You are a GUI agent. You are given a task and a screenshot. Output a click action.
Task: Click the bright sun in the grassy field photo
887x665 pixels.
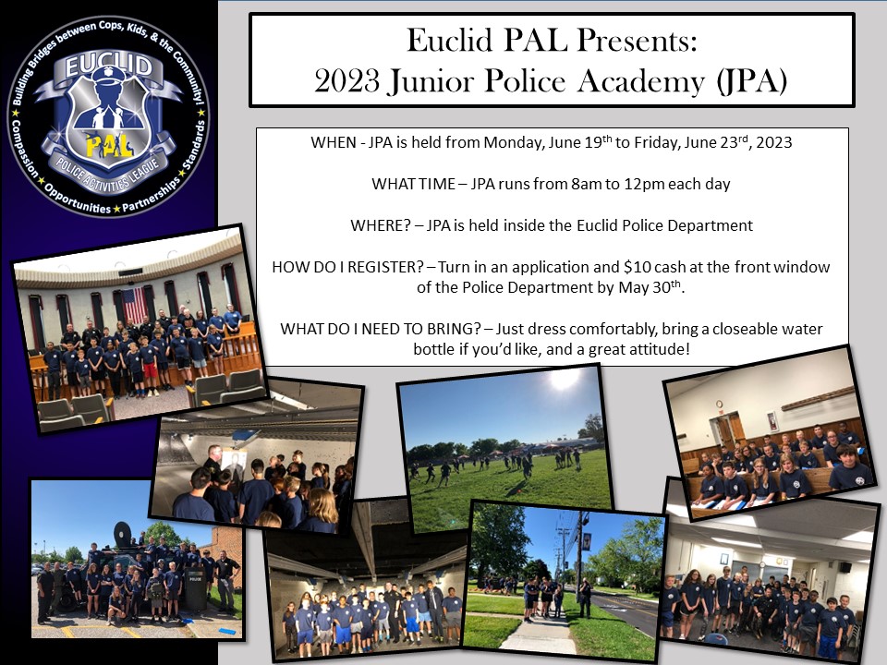(564, 380)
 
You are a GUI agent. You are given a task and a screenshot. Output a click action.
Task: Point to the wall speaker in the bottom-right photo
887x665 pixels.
(844, 566)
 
